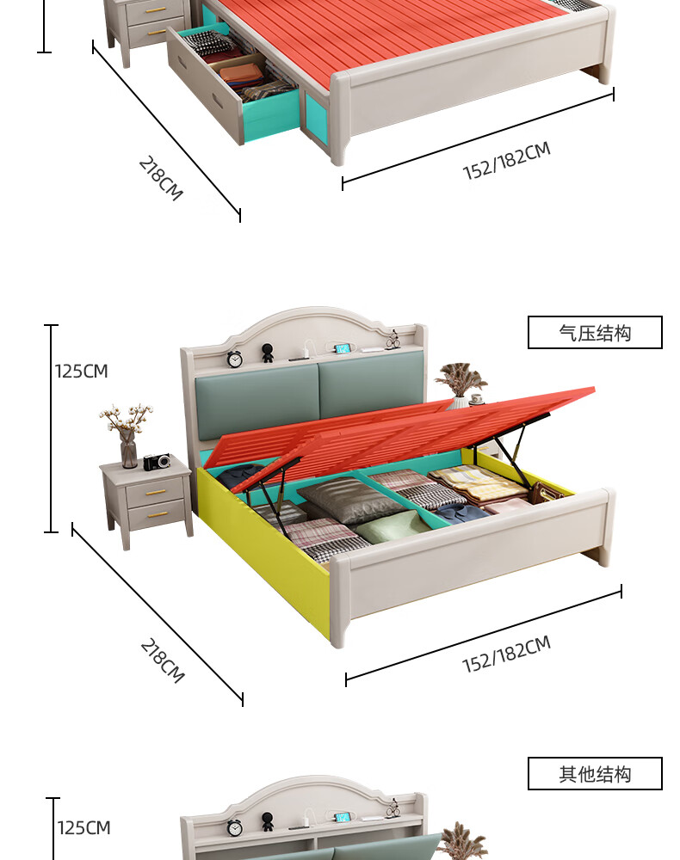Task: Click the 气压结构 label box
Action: [x=595, y=333]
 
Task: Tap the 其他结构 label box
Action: [x=595, y=774]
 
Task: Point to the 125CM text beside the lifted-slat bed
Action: [x=82, y=372]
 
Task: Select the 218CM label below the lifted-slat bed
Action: [x=162, y=660]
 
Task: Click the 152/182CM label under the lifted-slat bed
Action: [x=506, y=654]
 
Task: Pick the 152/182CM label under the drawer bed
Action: [x=506, y=162]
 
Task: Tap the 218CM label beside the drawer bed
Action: [x=161, y=178]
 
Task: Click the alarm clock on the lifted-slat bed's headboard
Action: [x=234, y=359]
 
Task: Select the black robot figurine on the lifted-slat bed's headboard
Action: [x=268, y=353]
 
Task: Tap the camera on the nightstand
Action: [x=157, y=462]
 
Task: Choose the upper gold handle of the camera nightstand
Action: [x=157, y=492]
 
